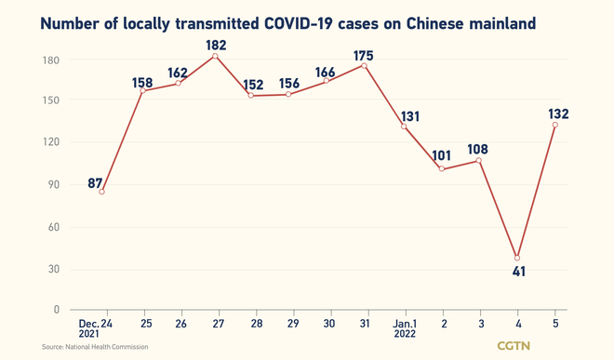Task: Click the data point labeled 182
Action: coord(216,57)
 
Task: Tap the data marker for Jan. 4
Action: coord(517,259)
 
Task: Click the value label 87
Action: coord(95,183)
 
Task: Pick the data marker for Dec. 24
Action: coord(102,192)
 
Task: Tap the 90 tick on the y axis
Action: coord(52,184)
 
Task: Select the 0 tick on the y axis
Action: coord(57,310)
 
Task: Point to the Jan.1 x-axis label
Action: coord(403,327)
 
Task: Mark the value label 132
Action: coord(558,114)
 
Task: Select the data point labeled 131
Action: coord(404,127)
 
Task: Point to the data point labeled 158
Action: coord(140,90)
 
